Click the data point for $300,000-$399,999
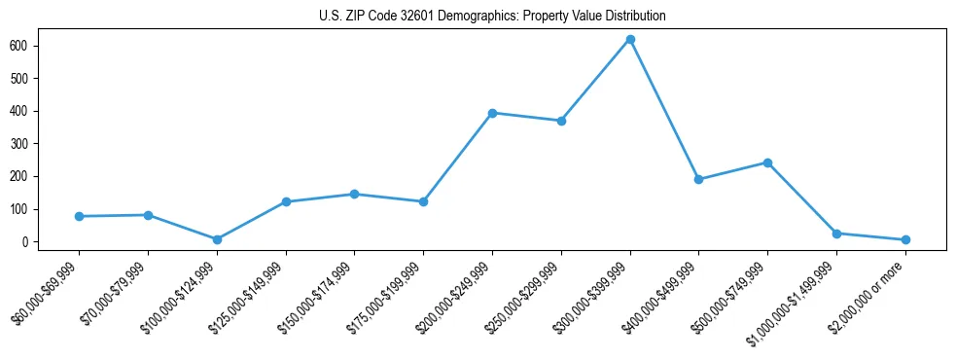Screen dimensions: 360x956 click(630, 39)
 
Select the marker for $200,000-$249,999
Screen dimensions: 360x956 click(492, 113)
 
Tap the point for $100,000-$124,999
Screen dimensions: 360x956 click(217, 239)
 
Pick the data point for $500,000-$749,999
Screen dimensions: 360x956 click(767, 162)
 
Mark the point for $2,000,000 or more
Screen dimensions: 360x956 click(905, 239)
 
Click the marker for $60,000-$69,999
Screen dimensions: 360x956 click(79, 216)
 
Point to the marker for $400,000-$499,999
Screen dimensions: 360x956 click(698, 179)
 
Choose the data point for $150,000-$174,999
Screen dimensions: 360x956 click(354, 194)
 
